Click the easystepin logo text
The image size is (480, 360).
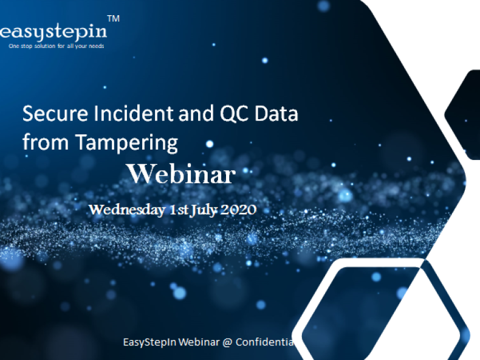click(x=53, y=32)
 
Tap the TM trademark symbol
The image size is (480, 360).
click(x=114, y=19)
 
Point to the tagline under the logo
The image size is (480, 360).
click(x=57, y=46)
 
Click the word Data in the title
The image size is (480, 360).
click(x=276, y=114)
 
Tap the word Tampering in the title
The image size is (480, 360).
click(x=126, y=143)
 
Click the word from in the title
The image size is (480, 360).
click(x=46, y=142)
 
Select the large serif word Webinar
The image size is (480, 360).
click(x=182, y=174)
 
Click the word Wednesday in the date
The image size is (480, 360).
click(x=127, y=210)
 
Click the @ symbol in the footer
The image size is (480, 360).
click(x=227, y=342)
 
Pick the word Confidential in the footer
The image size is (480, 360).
click(x=265, y=342)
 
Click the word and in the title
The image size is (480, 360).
click(x=196, y=113)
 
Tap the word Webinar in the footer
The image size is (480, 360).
click(x=199, y=342)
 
